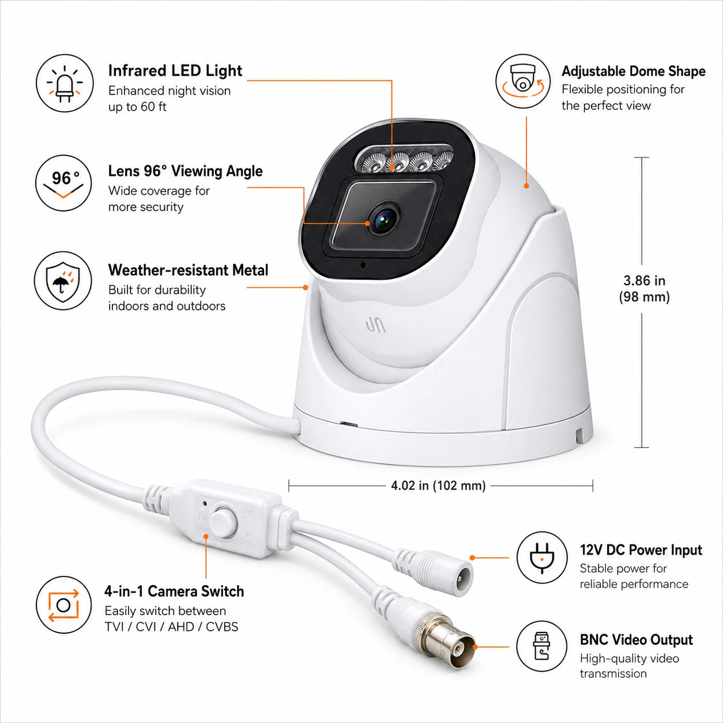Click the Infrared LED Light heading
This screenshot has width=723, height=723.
pyautogui.click(x=175, y=71)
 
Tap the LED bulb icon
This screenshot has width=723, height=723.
pyautogui.click(x=65, y=83)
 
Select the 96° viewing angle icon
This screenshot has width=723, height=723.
pyautogui.click(x=64, y=183)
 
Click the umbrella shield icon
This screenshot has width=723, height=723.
pyautogui.click(x=63, y=281)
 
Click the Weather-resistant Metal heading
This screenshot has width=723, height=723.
pyautogui.click(x=189, y=270)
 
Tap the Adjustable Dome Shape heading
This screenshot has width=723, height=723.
pyautogui.click(x=634, y=71)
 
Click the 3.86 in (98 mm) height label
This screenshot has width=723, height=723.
pyautogui.click(x=644, y=288)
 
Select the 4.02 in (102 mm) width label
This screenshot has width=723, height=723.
pyautogui.click(x=438, y=485)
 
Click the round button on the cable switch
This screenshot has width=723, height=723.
pyautogui.click(x=223, y=522)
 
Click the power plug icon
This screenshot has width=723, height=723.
pyautogui.click(x=542, y=557)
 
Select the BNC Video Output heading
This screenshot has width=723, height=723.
pyautogui.click(x=637, y=640)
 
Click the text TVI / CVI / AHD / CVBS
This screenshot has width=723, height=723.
pyautogui.click(x=171, y=626)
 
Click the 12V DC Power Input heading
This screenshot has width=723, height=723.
pyautogui.click(x=641, y=549)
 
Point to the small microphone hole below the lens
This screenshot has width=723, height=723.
pyautogui.click(x=363, y=265)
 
